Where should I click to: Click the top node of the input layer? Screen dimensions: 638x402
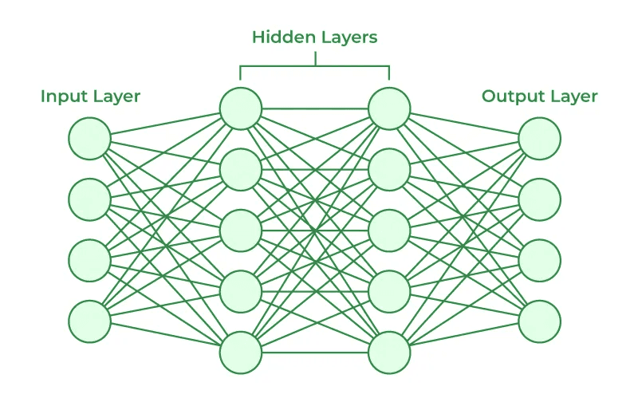pyautogui.click(x=89, y=138)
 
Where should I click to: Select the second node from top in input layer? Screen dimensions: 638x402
pyautogui.click(x=89, y=199)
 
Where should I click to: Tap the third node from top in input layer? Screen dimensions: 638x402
pyautogui.click(x=89, y=260)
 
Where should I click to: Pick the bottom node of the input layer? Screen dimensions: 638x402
pyautogui.click(x=89, y=321)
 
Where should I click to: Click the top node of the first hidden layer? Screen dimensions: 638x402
pyautogui.click(x=241, y=108)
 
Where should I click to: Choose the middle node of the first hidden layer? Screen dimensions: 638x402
pyautogui.click(x=241, y=231)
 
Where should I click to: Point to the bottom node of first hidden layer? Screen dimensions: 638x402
pyautogui.click(x=241, y=353)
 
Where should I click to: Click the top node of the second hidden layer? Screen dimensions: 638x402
pyautogui.click(x=389, y=108)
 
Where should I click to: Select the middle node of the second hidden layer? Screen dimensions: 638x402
pyautogui.click(x=389, y=231)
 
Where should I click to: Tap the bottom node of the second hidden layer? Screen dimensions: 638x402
pyautogui.click(x=389, y=353)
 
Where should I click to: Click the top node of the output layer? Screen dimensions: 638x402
pyautogui.click(x=540, y=138)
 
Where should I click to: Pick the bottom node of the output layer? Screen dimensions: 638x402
pyautogui.click(x=540, y=321)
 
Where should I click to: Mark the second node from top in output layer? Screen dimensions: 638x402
pyautogui.click(x=540, y=199)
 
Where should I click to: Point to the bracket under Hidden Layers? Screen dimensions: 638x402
pyautogui.click(x=315, y=66)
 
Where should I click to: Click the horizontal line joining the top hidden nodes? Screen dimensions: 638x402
pyautogui.click(x=315, y=108)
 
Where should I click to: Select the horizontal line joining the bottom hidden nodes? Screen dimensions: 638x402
pyautogui.click(x=315, y=353)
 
